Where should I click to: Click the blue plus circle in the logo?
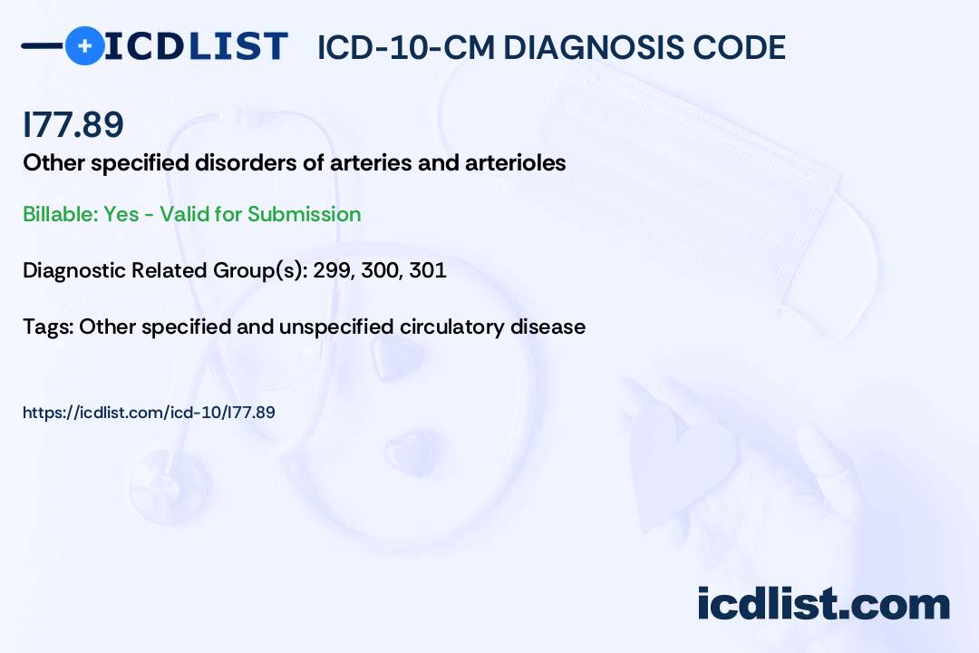84,45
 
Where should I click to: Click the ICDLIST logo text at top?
196,46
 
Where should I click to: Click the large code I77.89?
73,124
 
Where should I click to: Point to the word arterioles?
515,163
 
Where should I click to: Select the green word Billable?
61,214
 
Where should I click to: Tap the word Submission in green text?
304,214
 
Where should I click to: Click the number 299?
334,270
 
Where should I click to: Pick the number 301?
428,270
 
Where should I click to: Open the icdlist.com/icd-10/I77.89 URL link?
149,413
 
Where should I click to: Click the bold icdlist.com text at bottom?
823,603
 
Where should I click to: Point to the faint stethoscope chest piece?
169,485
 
